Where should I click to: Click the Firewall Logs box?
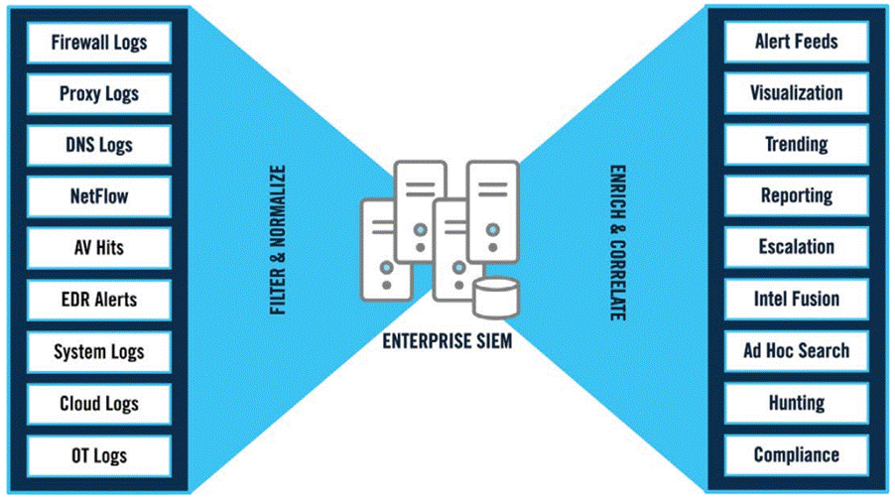point(99,43)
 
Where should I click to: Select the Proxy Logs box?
point(99,94)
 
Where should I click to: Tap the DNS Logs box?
point(99,146)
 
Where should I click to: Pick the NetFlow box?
point(99,197)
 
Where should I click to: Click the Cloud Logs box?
point(99,404)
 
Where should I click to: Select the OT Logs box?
point(99,455)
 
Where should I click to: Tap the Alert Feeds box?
point(796,42)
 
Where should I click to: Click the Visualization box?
point(796,93)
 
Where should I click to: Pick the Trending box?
point(796,145)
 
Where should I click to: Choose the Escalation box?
point(796,247)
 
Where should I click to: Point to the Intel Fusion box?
point(796,299)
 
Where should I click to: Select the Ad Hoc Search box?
point(796,350)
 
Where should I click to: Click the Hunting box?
point(796,403)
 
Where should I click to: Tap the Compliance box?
point(796,455)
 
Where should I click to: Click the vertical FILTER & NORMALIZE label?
point(279,241)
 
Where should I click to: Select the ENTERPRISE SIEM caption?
point(447,342)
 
